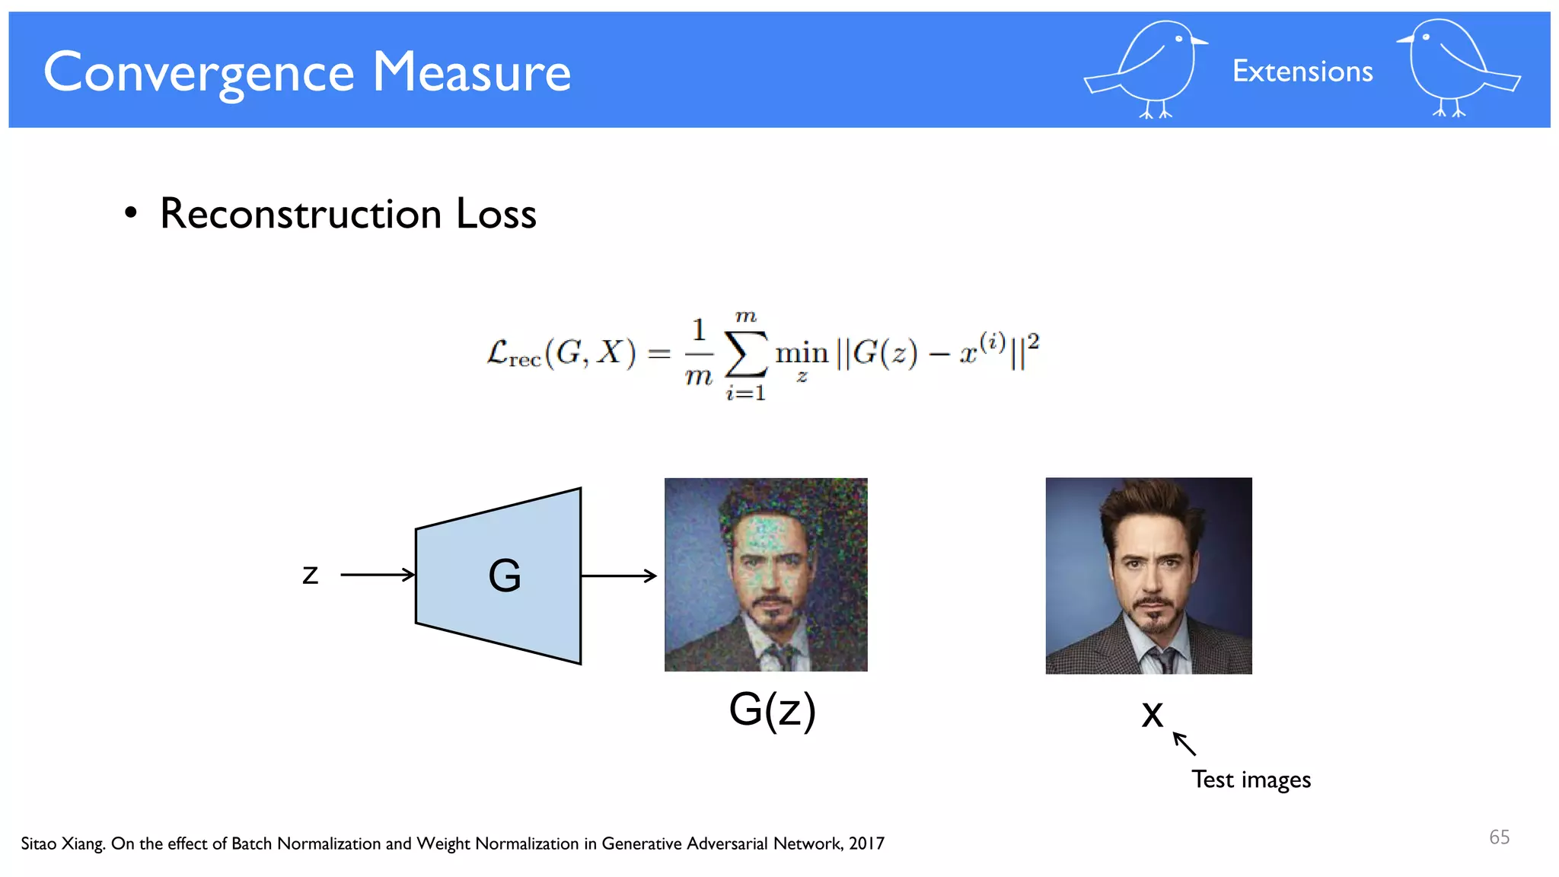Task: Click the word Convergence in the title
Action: coord(199,73)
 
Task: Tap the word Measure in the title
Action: coord(471,73)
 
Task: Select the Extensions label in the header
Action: coord(1302,72)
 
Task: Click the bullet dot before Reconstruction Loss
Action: coord(131,213)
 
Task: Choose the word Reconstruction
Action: coord(301,213)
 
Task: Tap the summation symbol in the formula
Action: coord(745,355)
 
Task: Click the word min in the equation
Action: coord(802,353)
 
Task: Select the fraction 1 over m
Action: coord(699,353)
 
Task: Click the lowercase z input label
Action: coord(310,575)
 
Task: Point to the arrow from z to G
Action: coord(378,575)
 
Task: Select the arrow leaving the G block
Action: coord(618,576)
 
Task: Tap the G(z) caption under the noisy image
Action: coord(772,710)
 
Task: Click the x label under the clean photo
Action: coord(1153,714)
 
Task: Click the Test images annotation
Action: coord(1251,780)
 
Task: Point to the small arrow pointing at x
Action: coord(1184,744)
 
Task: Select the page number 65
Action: coord(1499,837)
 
